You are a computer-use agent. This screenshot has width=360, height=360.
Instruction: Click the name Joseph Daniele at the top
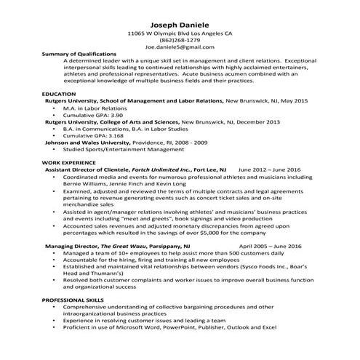(x=180, y=23)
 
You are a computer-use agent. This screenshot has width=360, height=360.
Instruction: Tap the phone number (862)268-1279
(x=180, y=40)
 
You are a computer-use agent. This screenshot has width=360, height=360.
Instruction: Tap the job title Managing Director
(x=71, y=246)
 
